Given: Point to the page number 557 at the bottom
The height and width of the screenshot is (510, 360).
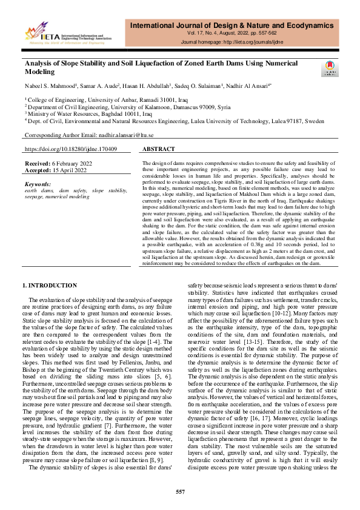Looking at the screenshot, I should coord(180,491).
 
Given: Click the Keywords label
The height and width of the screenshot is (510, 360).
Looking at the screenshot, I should coord(38,183).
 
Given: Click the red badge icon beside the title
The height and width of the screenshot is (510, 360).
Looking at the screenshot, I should coord(330,69).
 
